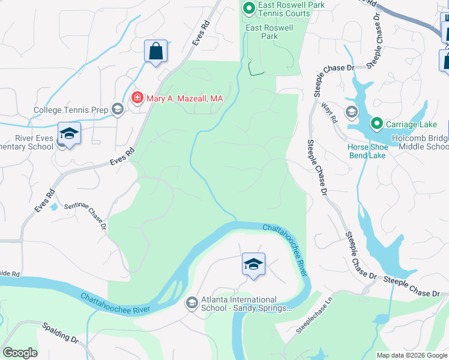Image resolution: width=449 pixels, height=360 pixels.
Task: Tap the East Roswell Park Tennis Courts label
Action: point(284,9)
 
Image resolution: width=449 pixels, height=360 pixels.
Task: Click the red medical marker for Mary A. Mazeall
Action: point(137,97)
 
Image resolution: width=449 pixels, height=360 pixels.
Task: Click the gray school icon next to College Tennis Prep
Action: point(117,109)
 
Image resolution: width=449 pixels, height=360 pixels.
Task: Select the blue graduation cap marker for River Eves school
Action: point(69,133)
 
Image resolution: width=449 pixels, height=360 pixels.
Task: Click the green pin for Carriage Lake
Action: point(376,124)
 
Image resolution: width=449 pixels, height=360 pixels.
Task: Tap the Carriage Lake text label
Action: point(410,124)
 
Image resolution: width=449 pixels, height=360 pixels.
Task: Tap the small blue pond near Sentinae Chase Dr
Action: point(54,206)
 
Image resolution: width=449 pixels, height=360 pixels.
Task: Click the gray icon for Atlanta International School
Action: point(192,302)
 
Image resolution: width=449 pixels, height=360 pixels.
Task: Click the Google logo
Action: point(20,353)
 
